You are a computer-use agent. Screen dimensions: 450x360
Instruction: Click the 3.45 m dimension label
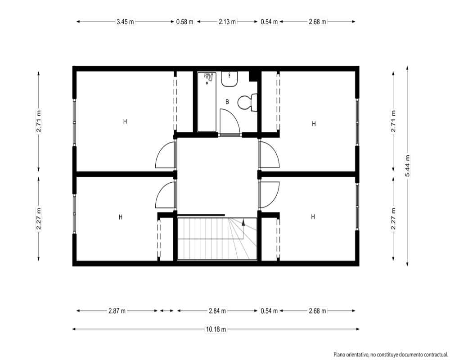(x=125, y=22)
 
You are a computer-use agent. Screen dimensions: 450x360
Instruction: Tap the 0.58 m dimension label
(x=185, y=22)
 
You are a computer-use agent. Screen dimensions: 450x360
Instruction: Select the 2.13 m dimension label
(x=227, y=22)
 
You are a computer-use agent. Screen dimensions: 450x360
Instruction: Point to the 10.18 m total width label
(x=216, y=329)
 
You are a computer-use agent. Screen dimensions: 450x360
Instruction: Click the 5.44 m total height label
(x=408, y=166)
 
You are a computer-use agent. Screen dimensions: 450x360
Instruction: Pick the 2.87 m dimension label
(x=117, y=310)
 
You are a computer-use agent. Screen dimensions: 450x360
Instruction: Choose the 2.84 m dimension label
(x=217, y=310)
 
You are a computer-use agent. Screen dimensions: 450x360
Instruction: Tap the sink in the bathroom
(x=229, y=79)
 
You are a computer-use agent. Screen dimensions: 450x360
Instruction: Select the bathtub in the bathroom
(x=207, y=102)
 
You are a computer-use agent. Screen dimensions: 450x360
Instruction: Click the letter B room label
(x=227, y=102)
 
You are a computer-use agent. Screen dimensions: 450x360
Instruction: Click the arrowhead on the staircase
(x=243, y=221)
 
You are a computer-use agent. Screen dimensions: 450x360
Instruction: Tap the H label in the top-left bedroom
(x=125, y=121)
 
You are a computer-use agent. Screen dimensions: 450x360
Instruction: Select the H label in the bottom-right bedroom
(x=313, y=216)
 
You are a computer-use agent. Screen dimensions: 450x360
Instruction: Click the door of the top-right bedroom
(x=269, y=154)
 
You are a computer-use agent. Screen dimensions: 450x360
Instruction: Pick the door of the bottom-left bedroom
(x=166, y=195)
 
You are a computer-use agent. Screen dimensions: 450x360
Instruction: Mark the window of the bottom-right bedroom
(x=357, y=207)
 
